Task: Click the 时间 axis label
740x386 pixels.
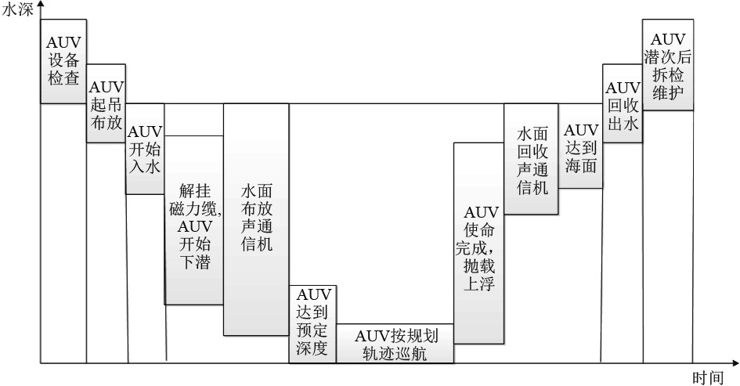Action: [707, 377]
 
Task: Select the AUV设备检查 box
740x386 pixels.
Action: [63, 61]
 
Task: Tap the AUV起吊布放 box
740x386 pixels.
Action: [106, 103]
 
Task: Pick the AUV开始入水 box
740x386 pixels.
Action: [145, 149]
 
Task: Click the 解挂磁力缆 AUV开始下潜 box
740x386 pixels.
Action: [194, 220]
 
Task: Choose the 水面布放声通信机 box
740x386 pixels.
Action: [256, 219]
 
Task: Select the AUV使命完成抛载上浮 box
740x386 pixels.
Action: [478, 243]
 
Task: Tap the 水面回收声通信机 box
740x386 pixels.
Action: [532, 161]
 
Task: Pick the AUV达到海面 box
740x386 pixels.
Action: [580, 146]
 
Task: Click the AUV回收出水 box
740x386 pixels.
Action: [623, 104]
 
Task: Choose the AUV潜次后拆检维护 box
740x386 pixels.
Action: [667, 65]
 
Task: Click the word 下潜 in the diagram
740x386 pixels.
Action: [194, 262]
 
